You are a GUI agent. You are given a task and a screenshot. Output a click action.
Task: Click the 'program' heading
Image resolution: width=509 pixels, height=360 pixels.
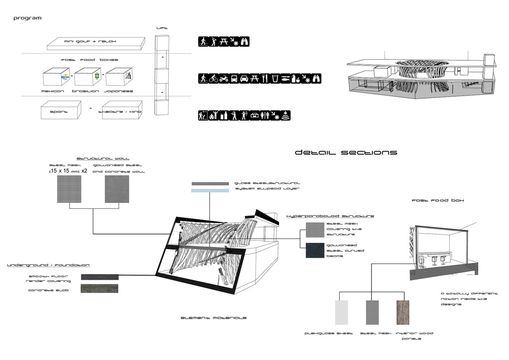tap(27, 18)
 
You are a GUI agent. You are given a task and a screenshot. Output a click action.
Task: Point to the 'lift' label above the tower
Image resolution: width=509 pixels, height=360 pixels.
tap(162, 28)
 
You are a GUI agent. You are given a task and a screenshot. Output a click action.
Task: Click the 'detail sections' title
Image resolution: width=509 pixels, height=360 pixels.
tap(346, 153)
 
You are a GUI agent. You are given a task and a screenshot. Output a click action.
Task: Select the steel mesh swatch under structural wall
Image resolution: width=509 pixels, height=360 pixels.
tap(69, 189)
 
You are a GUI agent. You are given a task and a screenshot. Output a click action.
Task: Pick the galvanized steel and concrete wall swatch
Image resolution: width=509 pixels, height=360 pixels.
tap(117, 189)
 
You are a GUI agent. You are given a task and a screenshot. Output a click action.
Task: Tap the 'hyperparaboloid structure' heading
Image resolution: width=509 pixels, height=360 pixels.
tap(330, 216)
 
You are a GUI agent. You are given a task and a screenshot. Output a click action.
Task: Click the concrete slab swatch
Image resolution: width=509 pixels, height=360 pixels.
tap(100, 288)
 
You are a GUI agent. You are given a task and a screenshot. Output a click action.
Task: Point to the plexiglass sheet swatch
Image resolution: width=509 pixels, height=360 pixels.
tap(341, 312)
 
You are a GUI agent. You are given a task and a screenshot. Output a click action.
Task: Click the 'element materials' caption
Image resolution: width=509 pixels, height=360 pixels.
tap(213, 318)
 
